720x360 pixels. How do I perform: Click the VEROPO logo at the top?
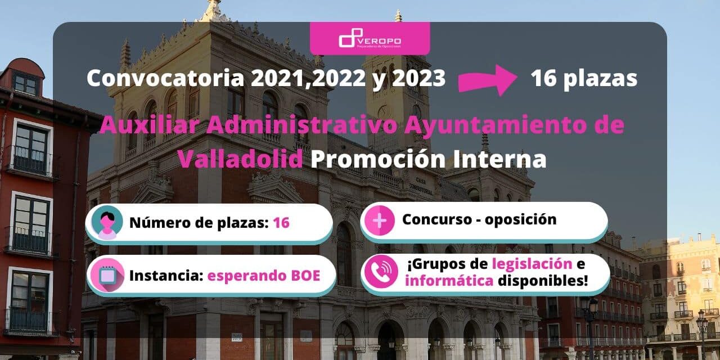(x=370, y=40)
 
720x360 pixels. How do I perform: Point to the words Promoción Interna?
(x=428, y=159)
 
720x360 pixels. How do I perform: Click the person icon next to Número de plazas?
(x=106, y=223)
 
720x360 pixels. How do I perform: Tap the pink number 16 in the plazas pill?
(x=281, y=223)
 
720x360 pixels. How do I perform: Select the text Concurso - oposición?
(x=479, y=219)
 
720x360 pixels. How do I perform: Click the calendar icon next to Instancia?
(x=106, y=276)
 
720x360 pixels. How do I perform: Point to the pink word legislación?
(x=532, y=263)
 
